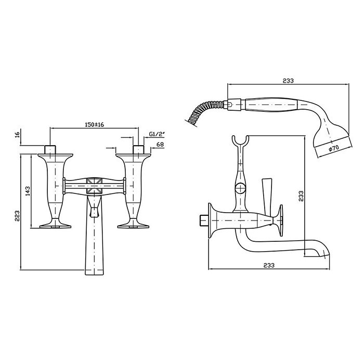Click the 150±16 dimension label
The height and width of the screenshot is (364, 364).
[x=95, y=124]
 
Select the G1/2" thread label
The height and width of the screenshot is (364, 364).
[x=157, y=134]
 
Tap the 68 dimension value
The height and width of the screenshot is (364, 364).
[x=160, y=145]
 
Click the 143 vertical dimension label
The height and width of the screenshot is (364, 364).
[x=28, y=191]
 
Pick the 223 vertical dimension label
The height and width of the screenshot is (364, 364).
[x=17, y=216]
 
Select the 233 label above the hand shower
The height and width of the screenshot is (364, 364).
[x=288, y=81]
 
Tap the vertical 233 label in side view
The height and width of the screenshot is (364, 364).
[x=301, y=196]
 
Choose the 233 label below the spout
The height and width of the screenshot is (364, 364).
[x=269, y=265]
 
